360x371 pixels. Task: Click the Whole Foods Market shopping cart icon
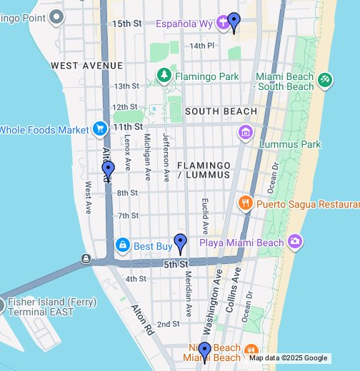[x=99, y=129]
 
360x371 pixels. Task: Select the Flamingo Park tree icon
[x=164, y=75]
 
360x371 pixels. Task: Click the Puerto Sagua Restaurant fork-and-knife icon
[x=245, y=203]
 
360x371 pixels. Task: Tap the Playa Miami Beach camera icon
[x=295, y=242]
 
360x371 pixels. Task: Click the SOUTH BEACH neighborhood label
[x=221, y=111]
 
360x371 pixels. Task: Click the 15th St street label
[x=127, y=24]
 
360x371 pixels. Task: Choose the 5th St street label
[x=175, y=265]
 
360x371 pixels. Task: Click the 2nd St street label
[x=169, y=324]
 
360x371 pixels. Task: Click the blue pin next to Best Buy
[x=180, y=243]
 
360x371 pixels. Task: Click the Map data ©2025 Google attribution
[x=288, y=358]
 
